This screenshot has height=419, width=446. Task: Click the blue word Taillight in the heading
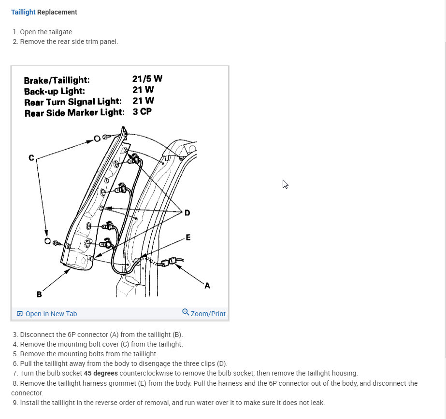point(23,12)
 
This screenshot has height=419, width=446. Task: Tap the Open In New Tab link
point(51,314)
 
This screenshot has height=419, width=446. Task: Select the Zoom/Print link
point(208,314)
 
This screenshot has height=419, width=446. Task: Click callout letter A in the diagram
point(207,285)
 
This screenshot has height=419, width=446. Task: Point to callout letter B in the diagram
point(39,294)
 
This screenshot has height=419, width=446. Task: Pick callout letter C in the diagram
point(31,157)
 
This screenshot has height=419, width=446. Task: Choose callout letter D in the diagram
point(187,213)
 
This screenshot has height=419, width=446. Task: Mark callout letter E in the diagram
point(188,237)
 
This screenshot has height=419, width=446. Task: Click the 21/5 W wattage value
point(147,79)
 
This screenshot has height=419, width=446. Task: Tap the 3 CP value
point(142,112)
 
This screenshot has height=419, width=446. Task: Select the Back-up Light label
point(54,91)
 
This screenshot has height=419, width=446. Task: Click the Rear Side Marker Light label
point(74,112)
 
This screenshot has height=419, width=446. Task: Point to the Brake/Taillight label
point(57,81)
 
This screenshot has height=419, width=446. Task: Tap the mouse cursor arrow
point(285,184)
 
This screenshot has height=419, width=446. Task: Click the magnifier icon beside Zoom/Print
point(186,312)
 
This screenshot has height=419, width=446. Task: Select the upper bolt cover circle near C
point(97,139)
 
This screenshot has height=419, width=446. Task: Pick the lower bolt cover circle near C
point(47,240)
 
